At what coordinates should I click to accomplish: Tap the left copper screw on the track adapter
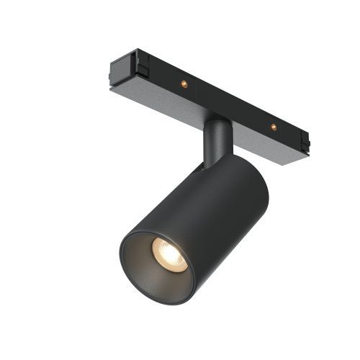coord(184,84)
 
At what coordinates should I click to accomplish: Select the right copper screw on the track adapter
coord(274,127)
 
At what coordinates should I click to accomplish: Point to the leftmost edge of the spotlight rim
coord(121,259)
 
